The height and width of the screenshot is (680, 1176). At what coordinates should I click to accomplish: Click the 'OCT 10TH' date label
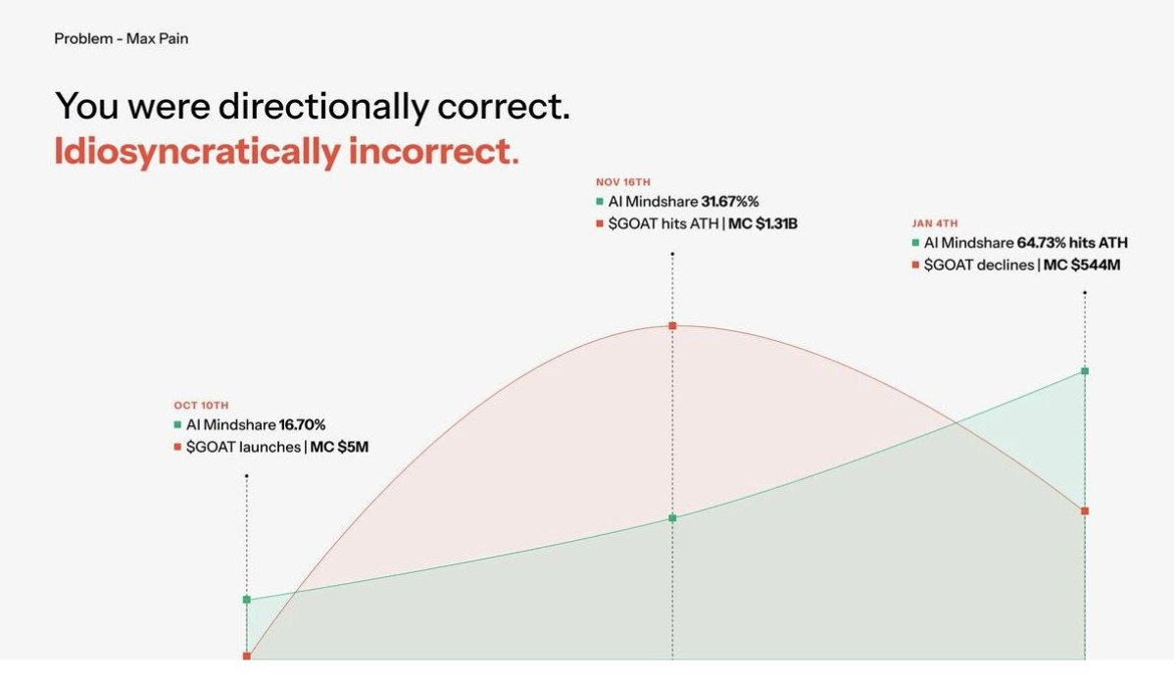201,405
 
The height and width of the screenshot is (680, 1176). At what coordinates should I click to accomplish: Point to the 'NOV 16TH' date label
623,181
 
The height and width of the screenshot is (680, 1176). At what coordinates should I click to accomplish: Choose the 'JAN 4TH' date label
935,222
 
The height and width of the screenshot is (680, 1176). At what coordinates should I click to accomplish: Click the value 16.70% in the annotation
302,425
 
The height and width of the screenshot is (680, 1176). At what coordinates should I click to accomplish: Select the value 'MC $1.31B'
765,223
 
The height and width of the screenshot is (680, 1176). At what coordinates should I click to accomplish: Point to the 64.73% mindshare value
1048,243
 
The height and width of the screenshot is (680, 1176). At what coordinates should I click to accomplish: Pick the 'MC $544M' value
1081,265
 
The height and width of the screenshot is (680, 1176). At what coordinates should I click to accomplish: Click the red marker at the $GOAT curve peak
672,325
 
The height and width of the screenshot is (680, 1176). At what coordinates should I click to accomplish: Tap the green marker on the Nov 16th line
672,517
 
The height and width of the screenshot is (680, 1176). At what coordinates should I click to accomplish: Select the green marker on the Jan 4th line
1085,371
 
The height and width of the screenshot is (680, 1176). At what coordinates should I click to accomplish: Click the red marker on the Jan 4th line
1085,511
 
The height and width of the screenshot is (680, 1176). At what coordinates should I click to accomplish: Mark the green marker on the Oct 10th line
247,599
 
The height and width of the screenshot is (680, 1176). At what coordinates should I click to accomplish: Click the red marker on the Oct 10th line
247,656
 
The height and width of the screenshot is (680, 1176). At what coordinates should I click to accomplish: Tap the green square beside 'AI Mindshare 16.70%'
177,425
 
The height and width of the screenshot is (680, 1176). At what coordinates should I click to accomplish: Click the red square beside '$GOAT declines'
915,265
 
